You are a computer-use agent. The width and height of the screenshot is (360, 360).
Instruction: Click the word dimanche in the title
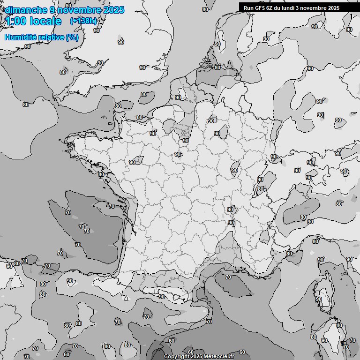[x=25, y=10]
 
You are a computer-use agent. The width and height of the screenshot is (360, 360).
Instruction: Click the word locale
[x=45, y=21]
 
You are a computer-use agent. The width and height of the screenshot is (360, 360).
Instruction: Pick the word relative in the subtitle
[x=49, y=37]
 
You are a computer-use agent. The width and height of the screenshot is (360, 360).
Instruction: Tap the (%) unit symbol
[x=72, y=37]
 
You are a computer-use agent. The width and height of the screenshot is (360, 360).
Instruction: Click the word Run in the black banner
[x=249, y=8]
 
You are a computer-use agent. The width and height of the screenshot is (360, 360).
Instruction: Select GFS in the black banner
[x=261, y=8]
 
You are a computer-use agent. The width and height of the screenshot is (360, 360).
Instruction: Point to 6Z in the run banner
[x=271, y=8]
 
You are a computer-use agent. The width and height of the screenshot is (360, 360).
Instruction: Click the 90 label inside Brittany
[x=132, y=162]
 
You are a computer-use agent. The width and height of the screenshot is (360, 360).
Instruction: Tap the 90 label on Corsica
[x=319, y=299]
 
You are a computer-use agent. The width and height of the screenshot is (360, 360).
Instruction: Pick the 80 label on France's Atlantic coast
[x=101, y=174]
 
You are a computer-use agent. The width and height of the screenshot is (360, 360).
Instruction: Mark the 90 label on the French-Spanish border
[x=162, y=297]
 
